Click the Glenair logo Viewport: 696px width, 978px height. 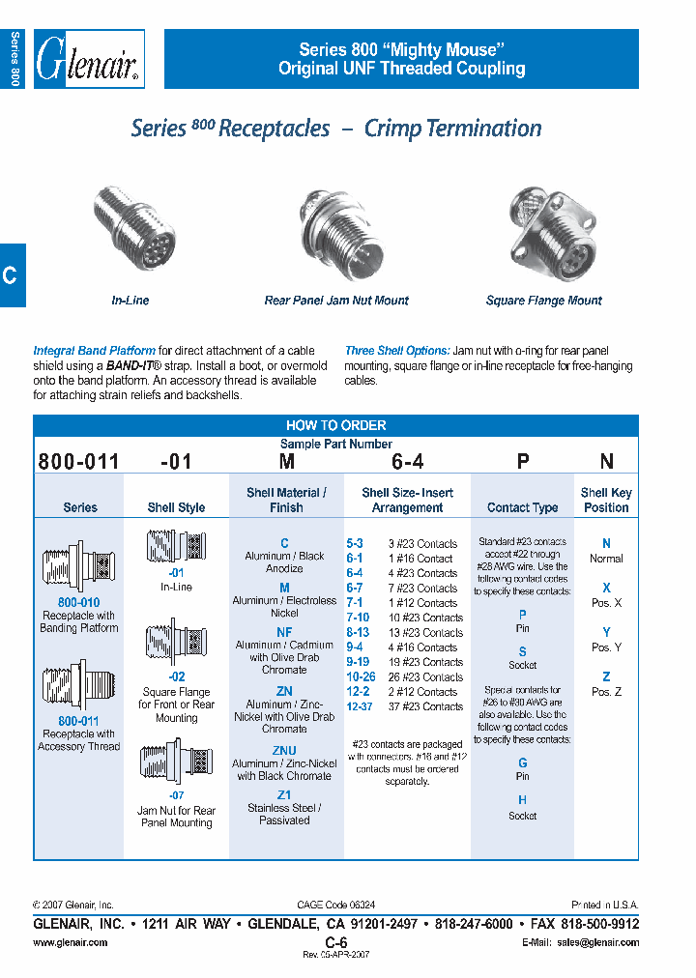89,60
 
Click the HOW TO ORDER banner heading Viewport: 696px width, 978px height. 335,425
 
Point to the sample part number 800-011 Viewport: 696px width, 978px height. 79,462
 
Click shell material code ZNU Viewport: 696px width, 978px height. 284,751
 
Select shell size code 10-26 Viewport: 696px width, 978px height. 361,677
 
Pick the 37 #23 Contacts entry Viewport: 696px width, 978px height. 422,706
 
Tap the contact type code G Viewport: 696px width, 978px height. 522,762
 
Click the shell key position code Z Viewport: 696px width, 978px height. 606,677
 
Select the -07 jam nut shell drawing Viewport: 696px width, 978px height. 176,764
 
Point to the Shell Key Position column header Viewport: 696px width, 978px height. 606,500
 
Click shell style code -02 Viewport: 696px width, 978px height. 176,677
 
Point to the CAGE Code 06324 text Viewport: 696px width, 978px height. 335,906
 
